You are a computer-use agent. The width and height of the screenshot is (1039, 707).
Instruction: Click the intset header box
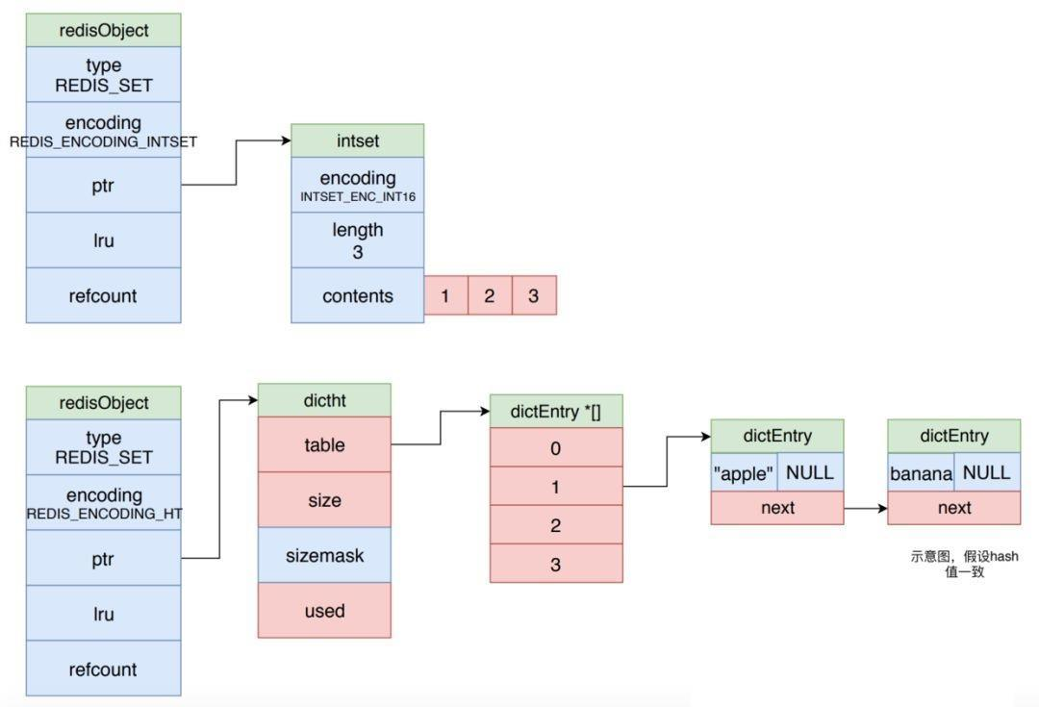tap(357, 140)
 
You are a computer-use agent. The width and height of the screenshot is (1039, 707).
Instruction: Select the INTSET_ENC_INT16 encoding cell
tap(357, 185)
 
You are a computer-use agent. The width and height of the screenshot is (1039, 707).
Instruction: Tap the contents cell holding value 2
tap(490, 295)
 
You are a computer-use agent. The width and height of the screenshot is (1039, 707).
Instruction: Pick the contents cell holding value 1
tap(446, 295)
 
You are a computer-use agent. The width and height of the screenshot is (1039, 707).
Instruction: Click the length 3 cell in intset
tap(357, 240)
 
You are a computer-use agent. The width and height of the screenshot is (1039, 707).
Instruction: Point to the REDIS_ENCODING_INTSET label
tap(103, 141)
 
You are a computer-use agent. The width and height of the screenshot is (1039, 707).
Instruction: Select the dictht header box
tap(324, 400)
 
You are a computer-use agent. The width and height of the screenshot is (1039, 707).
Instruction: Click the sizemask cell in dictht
tap(324, 555)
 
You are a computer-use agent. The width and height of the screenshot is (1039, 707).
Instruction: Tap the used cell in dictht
tap(324, 610)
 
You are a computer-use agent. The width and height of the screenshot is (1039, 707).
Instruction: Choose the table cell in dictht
tap(324, 444)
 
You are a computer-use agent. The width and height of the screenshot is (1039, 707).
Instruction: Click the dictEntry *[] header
tap(556, 412)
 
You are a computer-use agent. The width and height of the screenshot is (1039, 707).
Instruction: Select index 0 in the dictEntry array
tap(556, 447)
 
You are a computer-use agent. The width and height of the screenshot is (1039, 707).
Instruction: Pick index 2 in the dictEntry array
tap(556, 525)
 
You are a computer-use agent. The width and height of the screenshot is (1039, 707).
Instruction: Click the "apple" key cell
tap(744, 472)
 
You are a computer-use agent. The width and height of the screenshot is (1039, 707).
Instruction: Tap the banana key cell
tap(921, 472)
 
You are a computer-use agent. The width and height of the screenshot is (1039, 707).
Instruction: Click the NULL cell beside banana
tap(987, 472)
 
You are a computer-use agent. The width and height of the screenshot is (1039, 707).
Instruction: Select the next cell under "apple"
tap(777, 508)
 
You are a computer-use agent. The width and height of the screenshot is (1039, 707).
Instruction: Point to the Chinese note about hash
tap(965, 564)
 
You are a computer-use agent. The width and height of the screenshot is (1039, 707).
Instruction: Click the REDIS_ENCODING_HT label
tap(104, 514)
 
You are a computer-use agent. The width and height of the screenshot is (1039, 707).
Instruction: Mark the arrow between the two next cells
tap(866, 508)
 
